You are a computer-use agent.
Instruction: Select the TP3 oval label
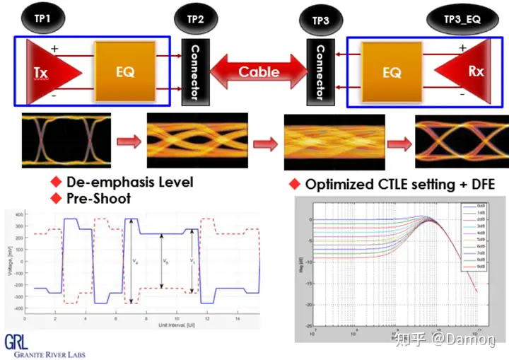[320, 20]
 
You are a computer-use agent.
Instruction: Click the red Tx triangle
[50, 72]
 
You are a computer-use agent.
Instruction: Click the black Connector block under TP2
[193, 71]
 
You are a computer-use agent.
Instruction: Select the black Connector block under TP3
[320, 71]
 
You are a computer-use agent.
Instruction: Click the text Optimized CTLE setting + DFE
[400, 184]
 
